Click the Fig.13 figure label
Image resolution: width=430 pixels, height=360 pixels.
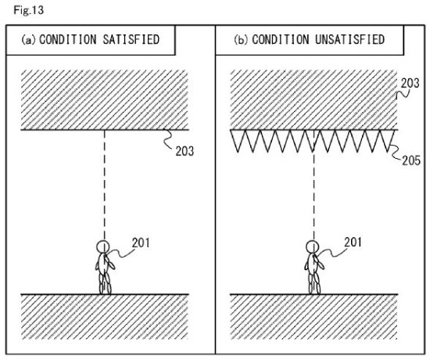pyautogui.click(x=28, y=10)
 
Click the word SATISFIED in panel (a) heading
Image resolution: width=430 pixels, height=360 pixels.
pyautogui.click(x=131, y=39)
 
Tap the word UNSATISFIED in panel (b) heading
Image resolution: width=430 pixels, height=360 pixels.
pyautogui.click(x=349, y=39)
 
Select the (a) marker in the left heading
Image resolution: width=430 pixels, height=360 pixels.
pyautogui.click(x=28, y=40)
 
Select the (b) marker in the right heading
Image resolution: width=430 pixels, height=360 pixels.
pyautogui.click(x=241, y=40)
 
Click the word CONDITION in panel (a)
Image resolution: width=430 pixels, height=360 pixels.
pyautogui.click(x=68, y=39)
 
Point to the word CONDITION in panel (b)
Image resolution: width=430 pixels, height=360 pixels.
pyautogui.click(x=280, y=39)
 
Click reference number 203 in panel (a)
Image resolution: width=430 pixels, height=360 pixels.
pyautogui.click(x=185, y=151)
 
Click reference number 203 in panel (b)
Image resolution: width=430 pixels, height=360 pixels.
pyautogui.click(x=410, y=83)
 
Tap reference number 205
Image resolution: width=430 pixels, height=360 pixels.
pyautogui.click(x=411, y=160)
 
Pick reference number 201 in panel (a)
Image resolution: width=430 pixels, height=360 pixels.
pyautogui.click(x=141, y=243)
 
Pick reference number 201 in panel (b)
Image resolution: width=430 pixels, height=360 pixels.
pyautogui.click(x=353, y=243)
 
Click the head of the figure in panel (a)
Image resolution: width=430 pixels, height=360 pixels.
pyautogui.click(x=103, y=247)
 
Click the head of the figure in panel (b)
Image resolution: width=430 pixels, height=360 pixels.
pyautogui.click(x=313, y=247)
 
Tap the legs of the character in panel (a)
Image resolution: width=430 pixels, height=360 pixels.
pyautogui.click(x=105, y=283)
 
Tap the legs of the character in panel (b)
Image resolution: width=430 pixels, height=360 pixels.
pyautogui.click(x=314, y=283)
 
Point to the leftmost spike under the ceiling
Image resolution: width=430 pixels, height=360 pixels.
pyautogui.click(x=238, y=141)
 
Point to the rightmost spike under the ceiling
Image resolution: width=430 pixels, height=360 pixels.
pyautogui.click(x=387, y=141)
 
